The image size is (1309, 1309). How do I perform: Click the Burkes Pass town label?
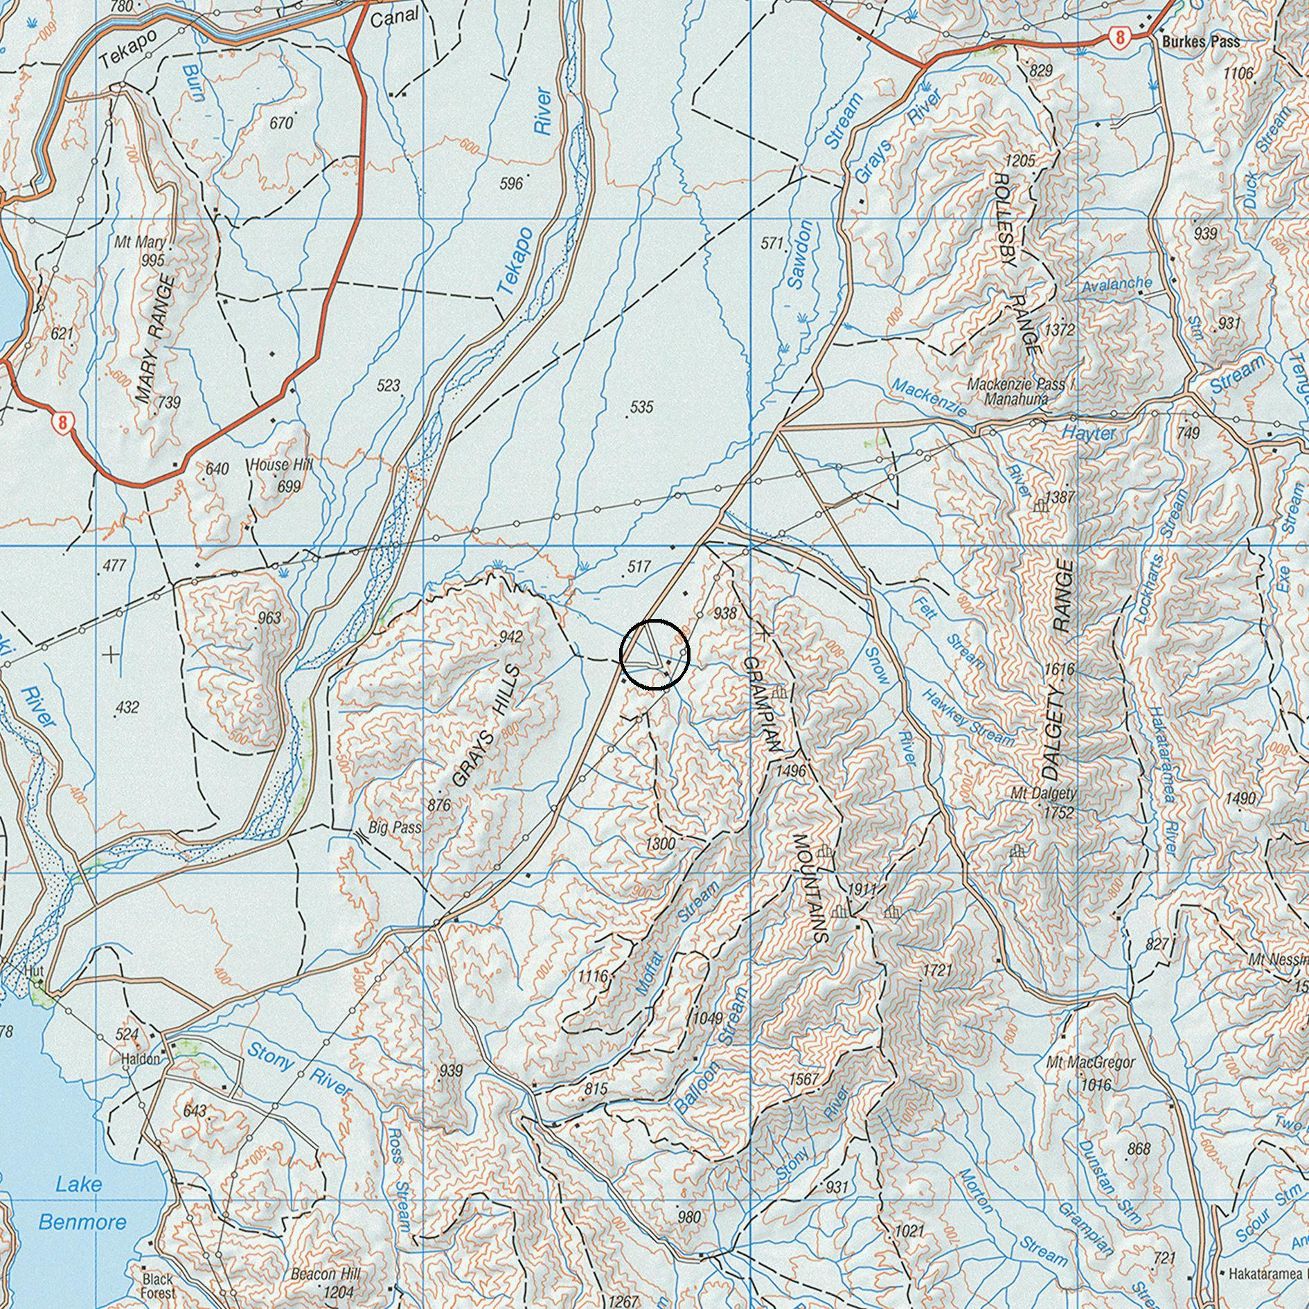[1201, 42]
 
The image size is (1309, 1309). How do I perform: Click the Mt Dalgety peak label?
[1043, 794]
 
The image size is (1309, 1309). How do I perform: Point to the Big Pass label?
[395, 827]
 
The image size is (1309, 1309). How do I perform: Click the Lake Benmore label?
[81, 1203]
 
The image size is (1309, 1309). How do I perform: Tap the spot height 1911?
[862, 890]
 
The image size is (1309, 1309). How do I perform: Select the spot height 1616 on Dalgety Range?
[1059, 669]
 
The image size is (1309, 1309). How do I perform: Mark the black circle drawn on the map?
[654, 654]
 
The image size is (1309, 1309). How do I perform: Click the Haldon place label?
[141, 1058]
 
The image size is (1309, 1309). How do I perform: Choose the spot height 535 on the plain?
[641, 407]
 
